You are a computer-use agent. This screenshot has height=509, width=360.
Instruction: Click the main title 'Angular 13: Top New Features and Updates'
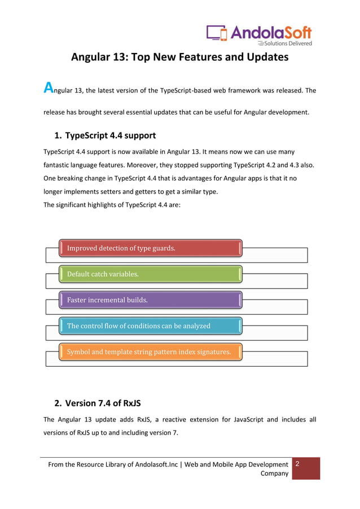tap(179, 57)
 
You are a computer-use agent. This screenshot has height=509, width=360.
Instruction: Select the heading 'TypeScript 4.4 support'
tap(111, 135)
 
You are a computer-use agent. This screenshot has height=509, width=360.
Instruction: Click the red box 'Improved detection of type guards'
tap(151, 248)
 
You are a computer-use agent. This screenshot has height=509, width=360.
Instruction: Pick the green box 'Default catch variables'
tap(151, 274)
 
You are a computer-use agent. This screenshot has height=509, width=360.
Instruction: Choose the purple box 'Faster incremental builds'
tap(151, 300)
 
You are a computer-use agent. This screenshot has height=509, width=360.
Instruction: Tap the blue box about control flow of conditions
tap(151, 326)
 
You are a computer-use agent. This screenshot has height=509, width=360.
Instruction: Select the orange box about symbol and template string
tap(151, 352)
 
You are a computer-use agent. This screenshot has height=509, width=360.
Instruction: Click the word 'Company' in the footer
tap(274, 473)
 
